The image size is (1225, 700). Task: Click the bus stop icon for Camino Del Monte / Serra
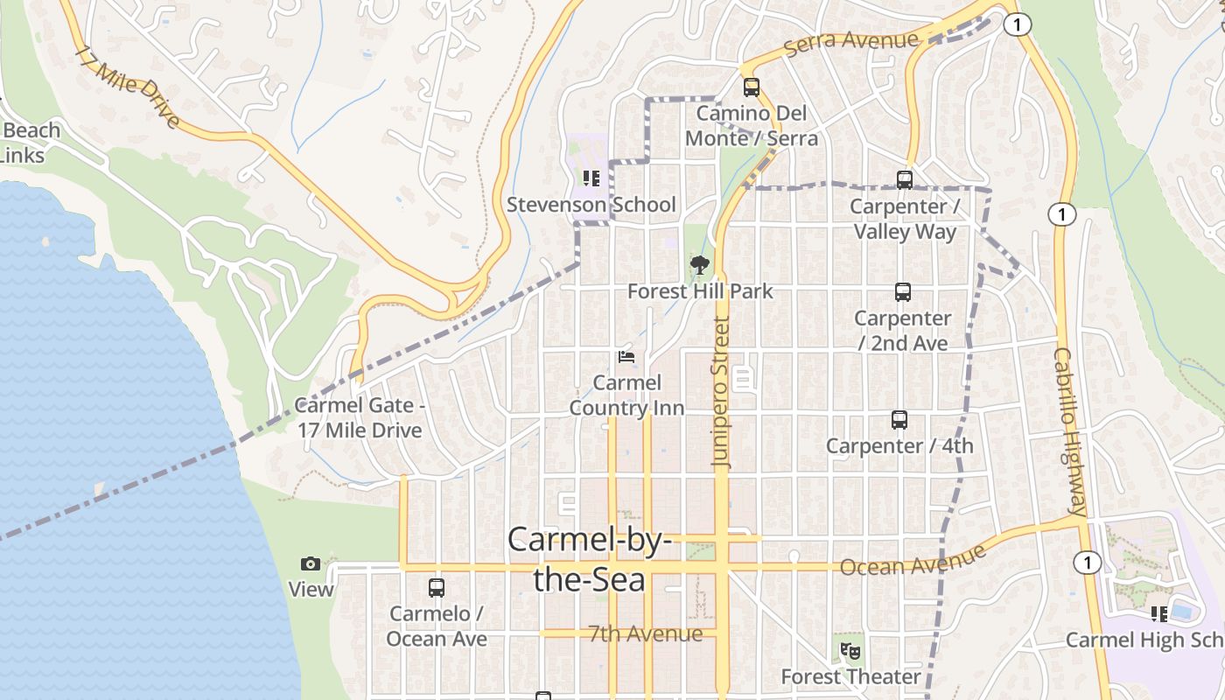point(752,87)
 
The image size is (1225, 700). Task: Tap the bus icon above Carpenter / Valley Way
point(905,180)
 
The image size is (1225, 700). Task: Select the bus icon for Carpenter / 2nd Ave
point(903,292)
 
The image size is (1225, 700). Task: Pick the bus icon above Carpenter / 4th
point(899,420)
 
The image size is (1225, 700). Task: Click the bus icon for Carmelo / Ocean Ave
point(437,588)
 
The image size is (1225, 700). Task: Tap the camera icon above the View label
point(311,563)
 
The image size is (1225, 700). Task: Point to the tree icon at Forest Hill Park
point(699,264)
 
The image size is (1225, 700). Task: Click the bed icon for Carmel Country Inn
point(627,357)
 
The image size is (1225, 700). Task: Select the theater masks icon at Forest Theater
point(850,651)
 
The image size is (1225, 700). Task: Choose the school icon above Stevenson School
point(591,178)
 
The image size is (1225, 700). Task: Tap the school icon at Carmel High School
point(1160,614)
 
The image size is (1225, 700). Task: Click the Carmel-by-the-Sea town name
point(590,559)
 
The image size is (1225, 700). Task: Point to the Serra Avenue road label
point(851,41)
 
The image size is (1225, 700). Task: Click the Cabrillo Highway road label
point(1069,432)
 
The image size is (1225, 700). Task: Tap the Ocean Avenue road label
point(913,561)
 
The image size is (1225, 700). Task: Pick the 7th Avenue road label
point(646,633)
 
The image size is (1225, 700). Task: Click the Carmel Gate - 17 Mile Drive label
point(359,417)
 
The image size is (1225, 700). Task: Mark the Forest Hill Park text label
point(700,291)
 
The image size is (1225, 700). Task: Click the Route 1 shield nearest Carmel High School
point(1087,563)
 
